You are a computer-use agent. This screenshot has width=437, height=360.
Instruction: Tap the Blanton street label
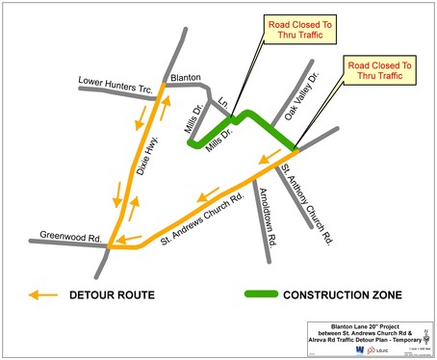coord(186,78)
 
